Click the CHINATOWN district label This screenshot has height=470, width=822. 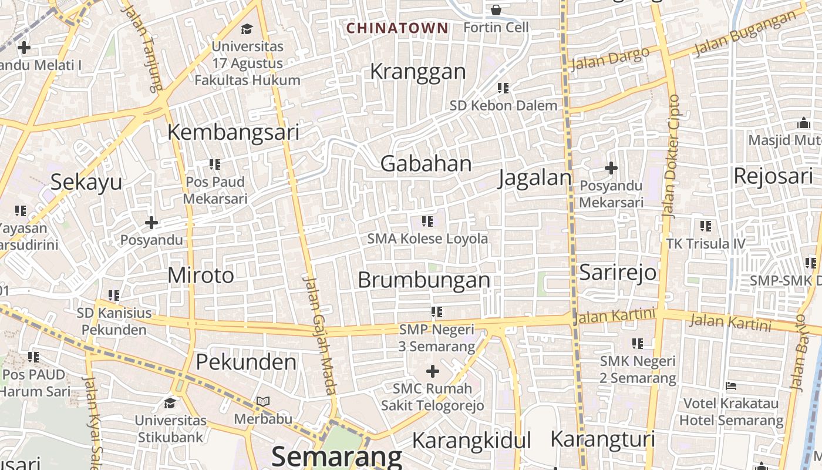point(397,28)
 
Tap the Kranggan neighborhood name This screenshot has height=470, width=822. point(417,72)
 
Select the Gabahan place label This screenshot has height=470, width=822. point(426,163)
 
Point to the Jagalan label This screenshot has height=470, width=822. point(534,177)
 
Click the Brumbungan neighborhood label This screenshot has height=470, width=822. point(424,280)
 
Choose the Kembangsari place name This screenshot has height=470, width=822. point(233,132)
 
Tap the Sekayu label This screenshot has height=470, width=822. point(86,182)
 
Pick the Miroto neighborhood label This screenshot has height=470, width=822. point(201,275)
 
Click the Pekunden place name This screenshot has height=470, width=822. point(246,362)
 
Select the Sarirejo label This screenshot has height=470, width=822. point(618,273)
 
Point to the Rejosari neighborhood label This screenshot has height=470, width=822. point(773,175)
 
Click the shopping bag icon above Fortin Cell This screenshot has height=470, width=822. point(496,9)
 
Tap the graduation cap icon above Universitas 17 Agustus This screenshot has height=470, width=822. point(247,28)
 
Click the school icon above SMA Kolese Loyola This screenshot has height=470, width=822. point(427,221)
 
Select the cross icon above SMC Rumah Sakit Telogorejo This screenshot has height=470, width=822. point(433,371)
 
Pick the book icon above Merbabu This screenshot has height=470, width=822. point(263,402)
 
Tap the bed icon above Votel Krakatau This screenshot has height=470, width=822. point(731,386)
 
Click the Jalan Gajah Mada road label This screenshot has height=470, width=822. point(320,335)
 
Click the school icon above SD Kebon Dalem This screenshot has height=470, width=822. point(503,88)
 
